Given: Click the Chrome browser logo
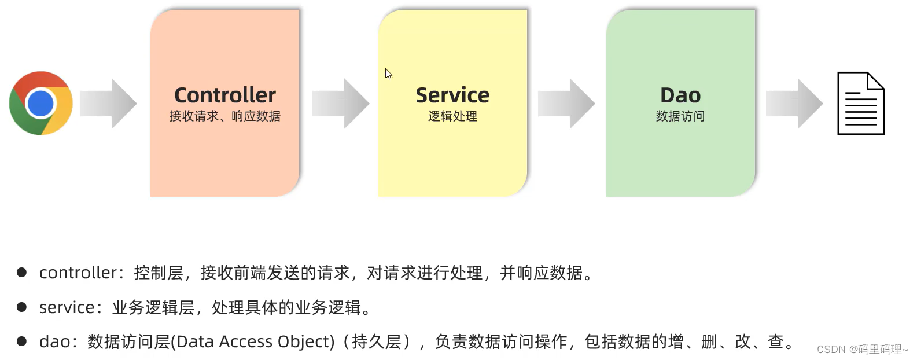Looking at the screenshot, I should pyautogui.click(x=41, y=103).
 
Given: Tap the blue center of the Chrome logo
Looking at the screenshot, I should pyautogui.click(x=40, y=104).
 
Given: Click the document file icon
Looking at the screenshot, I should pyautogui.click(x=861, y=104).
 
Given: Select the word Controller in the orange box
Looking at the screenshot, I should pyautogui.click(x=225, y=95).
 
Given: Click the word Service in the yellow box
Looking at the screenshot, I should pyautogui.click(x=452, y=95).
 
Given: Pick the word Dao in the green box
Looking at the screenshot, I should pyautogui.click(x=680, y=95).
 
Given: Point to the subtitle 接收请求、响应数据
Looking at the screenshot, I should pyautogui.click(x=225, y=116).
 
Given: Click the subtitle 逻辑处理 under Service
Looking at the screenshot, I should pyautogui.click(x=452, y=116).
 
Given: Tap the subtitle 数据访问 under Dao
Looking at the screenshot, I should pyautogui.click(x=680, y=116).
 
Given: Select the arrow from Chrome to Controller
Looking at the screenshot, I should pyautogui.click(x=108, y=104).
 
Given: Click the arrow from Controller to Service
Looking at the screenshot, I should pyautogui.click(x=341, y=104).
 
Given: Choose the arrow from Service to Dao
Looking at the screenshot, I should pyautogui.click(x=566, y=104).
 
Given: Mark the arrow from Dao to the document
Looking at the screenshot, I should pyautogui.click(x=794, y=104).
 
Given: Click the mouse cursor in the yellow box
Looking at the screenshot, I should pyautogui.click(x=388, y=74).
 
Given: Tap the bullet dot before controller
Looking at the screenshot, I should pyautogui.click(x=22, y=272).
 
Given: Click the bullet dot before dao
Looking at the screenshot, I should pyautogui.click(x=22, y=341).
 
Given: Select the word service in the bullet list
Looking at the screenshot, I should pyautogui.click(x=67, y=307).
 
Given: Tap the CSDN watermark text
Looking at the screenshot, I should pyautogui.click(x=862, y=349).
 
